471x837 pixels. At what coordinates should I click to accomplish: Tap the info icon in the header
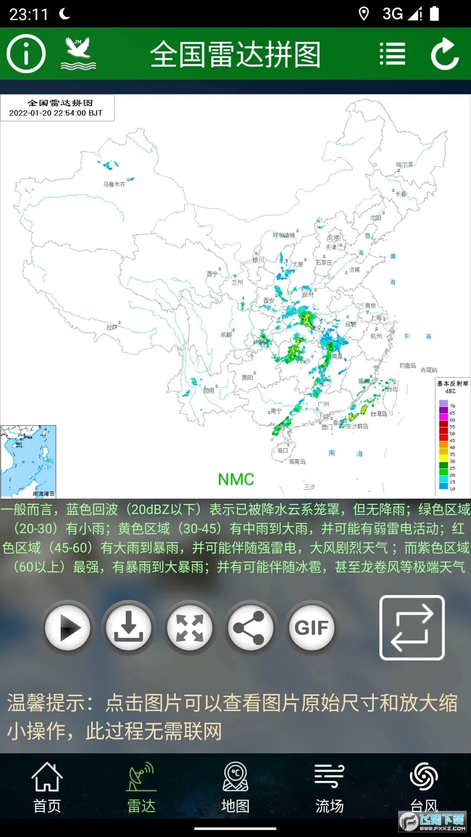tap(26, 54)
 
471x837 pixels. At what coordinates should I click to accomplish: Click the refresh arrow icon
tap(445, 54)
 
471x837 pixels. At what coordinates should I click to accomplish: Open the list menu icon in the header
tap(392, 54)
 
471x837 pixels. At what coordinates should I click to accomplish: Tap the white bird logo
tap(78, 54)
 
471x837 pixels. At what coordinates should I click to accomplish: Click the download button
tap(129, 627)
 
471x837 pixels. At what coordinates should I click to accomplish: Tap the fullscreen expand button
tap(190, 627)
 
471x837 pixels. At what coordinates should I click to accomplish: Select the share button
tap(250, 627)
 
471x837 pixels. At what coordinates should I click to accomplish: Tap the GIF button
tap(311, 627)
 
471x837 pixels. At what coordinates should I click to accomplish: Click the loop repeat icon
tap(412, 627)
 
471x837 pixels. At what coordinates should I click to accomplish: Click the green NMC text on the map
tap(236, 480)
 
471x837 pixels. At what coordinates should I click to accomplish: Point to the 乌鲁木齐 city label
tap(114, 184)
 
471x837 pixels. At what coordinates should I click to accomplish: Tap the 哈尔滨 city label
tap(404, 165)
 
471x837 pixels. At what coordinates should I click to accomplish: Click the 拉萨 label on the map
tap(112, 327)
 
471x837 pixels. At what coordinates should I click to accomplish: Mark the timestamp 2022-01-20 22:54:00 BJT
tap(56, 113)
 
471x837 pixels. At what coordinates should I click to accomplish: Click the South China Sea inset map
tap(28, 461)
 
